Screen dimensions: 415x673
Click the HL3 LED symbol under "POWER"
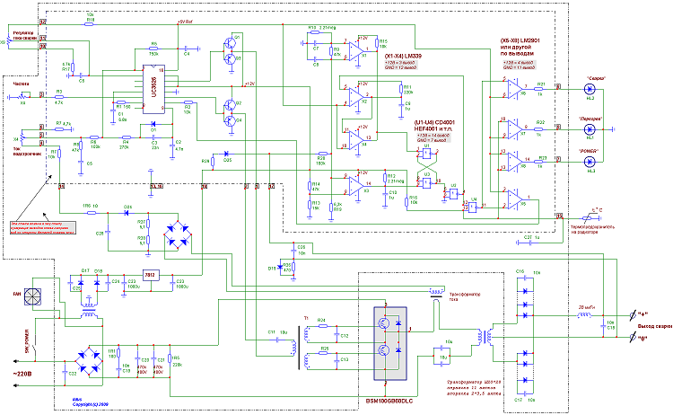click(x=590, y=162)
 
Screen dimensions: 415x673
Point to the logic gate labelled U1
click(x=428, y=154)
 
